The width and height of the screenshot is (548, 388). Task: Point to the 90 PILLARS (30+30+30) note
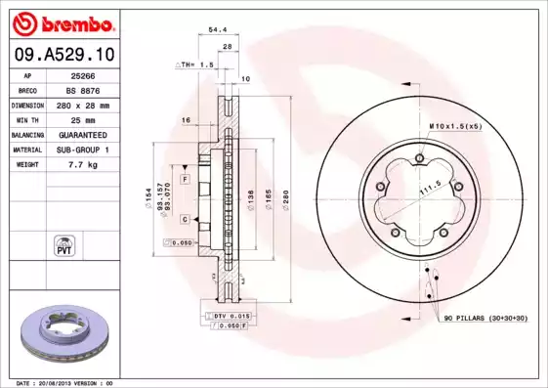486,319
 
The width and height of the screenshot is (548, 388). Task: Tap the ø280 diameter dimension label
287,194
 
